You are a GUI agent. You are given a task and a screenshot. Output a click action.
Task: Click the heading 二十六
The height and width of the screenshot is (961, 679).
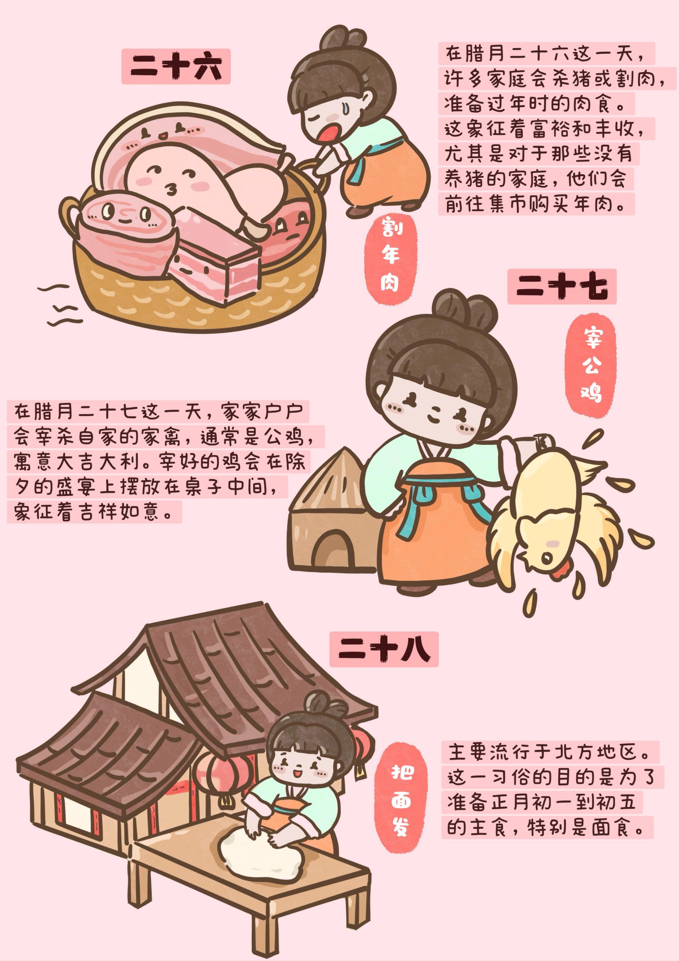[176, 67]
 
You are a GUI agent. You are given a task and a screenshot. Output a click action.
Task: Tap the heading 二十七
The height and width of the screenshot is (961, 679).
[561, 286]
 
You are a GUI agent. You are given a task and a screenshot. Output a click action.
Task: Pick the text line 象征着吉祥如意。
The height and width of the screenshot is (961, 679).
[94, 512]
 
